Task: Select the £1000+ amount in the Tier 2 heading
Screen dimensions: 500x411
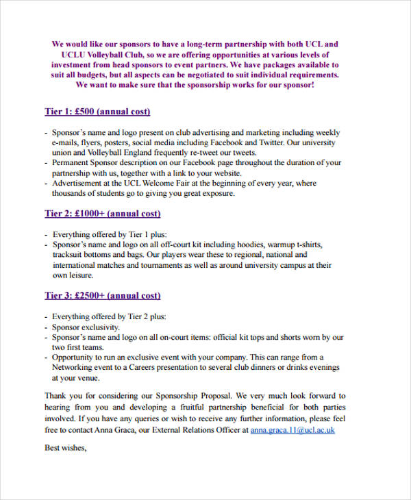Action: [88, 213]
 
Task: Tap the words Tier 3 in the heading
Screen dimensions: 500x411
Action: [58, 295]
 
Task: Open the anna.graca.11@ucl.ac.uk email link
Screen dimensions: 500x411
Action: [292, 431]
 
